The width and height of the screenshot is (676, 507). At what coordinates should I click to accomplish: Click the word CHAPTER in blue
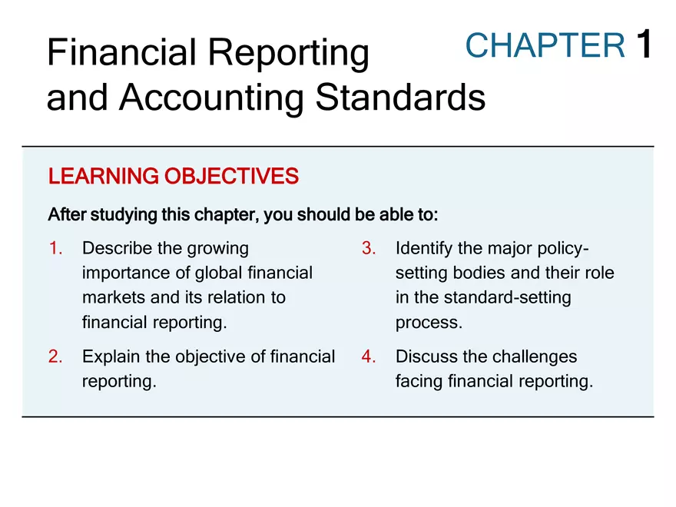point(545,46)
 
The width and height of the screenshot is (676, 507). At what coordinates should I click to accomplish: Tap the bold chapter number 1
point(644,45)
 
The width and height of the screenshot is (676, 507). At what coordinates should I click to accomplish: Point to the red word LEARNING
point(102,177)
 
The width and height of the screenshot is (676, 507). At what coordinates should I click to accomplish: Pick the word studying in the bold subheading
point(123,214)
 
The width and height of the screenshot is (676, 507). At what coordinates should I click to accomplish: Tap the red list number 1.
point(55,248)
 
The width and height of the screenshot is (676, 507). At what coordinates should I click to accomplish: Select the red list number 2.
point(55,356)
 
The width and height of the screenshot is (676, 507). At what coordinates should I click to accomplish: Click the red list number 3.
point(368,248)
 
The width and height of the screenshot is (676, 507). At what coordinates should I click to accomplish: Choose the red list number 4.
point(368,356)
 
